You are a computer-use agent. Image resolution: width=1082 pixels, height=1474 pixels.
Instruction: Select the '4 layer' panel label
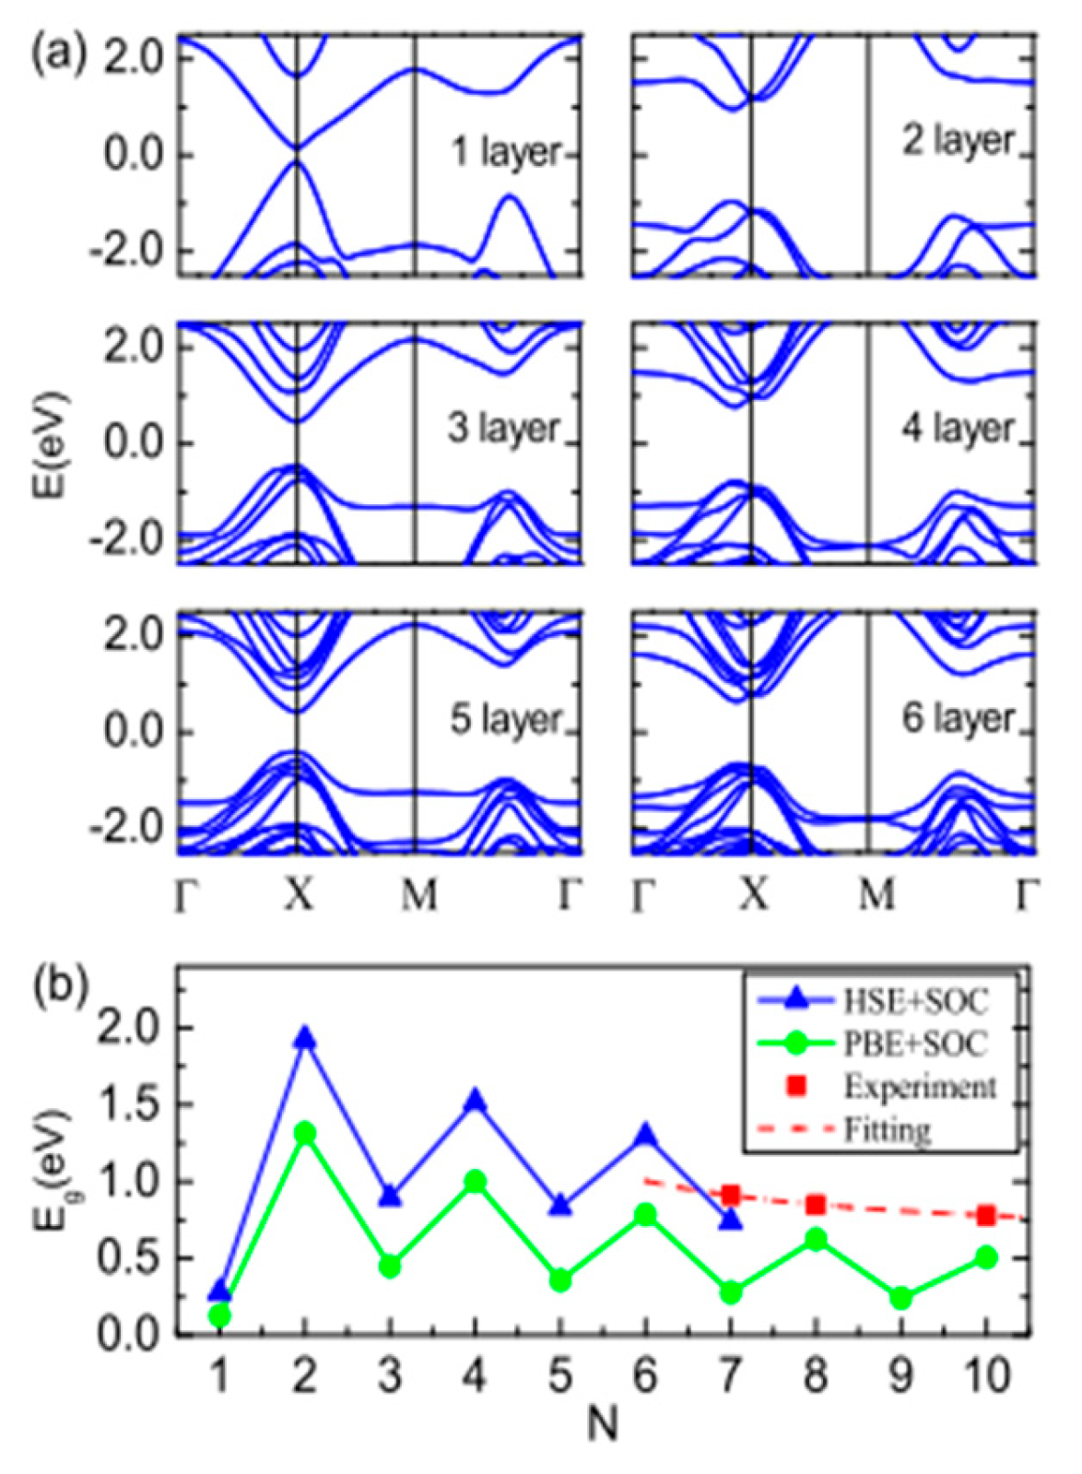pyautogui.click(x=959, y=429)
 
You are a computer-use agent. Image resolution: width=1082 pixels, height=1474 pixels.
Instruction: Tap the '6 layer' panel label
pyautogui.click(x=959, y=718)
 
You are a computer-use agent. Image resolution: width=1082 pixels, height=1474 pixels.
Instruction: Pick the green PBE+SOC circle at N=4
pyautogui.click(x=476, y=1181)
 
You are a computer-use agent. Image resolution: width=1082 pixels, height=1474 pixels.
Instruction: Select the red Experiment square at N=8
pyautogui.click(x=815, y=1205)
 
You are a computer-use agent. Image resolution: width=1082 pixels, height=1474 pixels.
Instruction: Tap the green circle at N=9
pyautogui.click(x=901, y=1299)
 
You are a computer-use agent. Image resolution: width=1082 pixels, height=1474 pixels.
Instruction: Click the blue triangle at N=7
pyautogui.click(x=730, y=1220)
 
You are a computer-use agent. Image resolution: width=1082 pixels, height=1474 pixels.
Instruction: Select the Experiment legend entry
pyautogui.click(x=919, y=1086)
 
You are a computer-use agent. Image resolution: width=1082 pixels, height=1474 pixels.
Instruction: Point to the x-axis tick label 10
pyautogui.click(x=986, y=1376)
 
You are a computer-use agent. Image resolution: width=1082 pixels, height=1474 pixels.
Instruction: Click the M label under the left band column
pyautogui.click(x=418, y=893)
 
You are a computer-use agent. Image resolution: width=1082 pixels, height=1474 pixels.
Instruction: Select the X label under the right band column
pyautogui.click(x=754, y=893)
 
